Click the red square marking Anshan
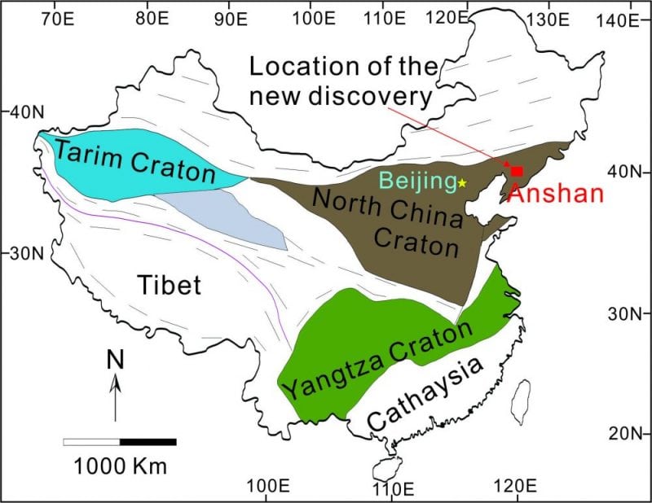coord(517,171)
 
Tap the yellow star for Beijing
coord(462,183)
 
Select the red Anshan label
coord(554,194)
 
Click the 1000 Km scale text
coord(120,467)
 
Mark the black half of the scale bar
coord(148,442)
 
